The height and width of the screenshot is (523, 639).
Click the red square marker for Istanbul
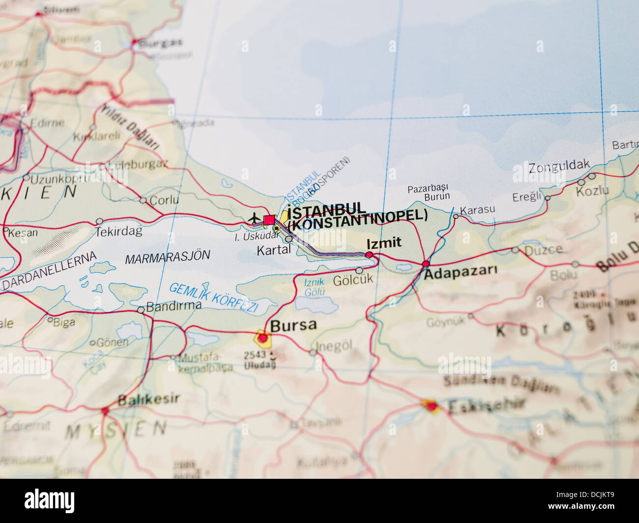point(269,220)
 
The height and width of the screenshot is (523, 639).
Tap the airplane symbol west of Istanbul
point(255,217)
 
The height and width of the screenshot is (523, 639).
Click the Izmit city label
point(383,243)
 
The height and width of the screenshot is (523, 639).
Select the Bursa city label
point(293,325)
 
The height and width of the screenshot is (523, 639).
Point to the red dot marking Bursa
point(263,338)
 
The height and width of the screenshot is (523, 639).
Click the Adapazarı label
point(461,271)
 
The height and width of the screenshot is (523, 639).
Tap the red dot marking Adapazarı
point(426,264)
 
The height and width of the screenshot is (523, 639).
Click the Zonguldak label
point(559,167)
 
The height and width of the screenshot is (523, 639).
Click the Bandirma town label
point(174,306)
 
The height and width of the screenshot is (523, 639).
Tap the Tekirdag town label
point(119,231)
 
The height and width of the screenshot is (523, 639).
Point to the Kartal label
point(274,249)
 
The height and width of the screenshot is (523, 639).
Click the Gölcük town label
point(353,280)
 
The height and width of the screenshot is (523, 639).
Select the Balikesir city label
point(148,399)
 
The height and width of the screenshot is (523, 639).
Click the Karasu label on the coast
point(477,210)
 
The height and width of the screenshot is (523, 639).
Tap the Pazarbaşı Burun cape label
point(428,192)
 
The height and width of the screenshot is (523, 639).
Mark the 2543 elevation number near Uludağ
point(255,354)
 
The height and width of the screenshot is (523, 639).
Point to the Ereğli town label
point(526,197)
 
